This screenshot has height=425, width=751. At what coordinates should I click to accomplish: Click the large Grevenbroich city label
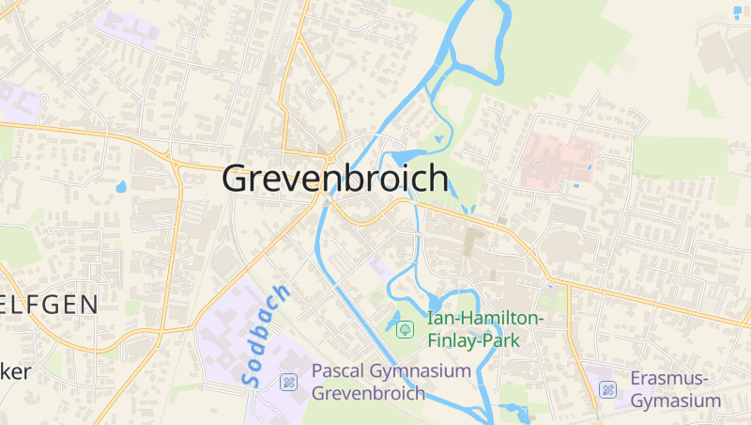click(335, 179)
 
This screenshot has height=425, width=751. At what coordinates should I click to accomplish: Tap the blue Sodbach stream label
click(266, 336)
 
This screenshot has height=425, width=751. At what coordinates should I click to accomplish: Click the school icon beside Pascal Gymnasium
click(289, 382)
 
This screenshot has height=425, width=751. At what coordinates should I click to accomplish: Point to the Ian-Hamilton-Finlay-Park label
click(485, 329)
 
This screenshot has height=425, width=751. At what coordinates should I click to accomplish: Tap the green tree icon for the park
click(405, 329)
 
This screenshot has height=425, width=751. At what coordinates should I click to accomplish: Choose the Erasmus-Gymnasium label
click(676, 389)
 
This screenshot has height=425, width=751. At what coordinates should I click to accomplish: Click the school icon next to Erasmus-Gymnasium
click(607, 389)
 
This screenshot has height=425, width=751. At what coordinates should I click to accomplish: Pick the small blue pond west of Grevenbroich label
click(120, 186)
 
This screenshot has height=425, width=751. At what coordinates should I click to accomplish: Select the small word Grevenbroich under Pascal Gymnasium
click(367, 393)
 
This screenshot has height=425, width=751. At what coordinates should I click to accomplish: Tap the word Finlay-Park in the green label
click(467, 340)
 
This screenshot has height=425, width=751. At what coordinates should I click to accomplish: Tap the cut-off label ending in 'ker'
click(15, 371)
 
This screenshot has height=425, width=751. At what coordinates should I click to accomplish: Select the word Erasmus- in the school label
click(670, 378)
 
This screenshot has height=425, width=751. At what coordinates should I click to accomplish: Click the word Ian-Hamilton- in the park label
click(485, 319)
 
